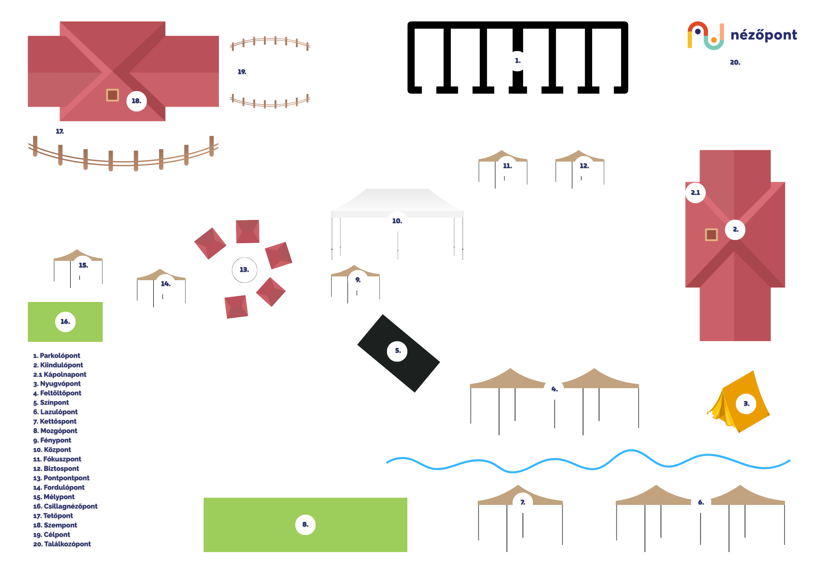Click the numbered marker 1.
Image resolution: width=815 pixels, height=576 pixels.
point(517,61)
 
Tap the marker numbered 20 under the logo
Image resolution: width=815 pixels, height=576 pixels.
point(735,63)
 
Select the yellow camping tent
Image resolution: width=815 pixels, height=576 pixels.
point(741,403)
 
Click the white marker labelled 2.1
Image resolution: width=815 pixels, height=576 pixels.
point(695,193)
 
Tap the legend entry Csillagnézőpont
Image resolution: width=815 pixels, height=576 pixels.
point(66,506)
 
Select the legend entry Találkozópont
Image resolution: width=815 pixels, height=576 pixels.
point(62,544)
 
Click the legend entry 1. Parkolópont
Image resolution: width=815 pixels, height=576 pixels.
point(57,356)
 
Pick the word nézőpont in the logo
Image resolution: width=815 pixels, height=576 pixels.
point(763,35)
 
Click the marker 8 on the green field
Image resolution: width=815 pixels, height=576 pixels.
point(305,524)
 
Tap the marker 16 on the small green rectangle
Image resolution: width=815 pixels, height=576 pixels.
point(65,322)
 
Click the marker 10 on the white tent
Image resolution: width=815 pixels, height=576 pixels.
point(397,221)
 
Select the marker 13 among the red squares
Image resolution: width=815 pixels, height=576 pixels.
point(244,270)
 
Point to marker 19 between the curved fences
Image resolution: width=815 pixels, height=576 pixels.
point(242,72)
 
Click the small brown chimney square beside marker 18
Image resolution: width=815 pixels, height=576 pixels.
point(113,95)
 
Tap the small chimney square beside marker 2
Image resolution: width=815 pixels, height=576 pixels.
point(711,234)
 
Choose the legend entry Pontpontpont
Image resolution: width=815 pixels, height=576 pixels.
point(61,478)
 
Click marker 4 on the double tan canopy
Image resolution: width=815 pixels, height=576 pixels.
point(554,389)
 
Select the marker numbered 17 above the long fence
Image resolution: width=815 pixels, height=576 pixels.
point(60,131)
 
